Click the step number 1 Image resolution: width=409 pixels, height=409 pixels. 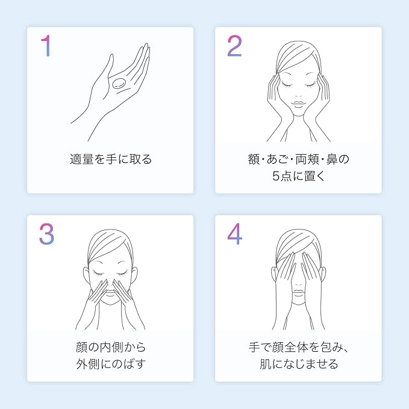click(46, 46)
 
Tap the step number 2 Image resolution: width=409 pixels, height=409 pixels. click(234, 46)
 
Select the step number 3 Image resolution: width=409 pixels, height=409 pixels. click(47, 234)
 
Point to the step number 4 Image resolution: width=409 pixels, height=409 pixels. click(234, 234)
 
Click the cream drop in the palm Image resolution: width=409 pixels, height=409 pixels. click(119, 84)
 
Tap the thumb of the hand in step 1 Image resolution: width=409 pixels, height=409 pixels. click(107, 66)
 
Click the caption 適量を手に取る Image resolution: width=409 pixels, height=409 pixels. click(111, 159)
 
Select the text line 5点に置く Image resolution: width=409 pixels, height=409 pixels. click(298, 176)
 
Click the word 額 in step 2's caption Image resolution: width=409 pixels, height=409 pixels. click(253, 159)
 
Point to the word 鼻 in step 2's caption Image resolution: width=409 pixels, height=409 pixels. click(332, 159)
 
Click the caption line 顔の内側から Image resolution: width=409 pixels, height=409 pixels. click(111, 347)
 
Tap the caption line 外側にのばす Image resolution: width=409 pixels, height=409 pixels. click(111, 364)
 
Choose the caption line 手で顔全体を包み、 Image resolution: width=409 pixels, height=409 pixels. click(298, 347)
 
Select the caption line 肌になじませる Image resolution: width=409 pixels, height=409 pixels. click(298, 364)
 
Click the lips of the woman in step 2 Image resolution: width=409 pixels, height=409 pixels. click(298, 105)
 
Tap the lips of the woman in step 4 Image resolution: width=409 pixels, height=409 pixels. click(299, 292)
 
